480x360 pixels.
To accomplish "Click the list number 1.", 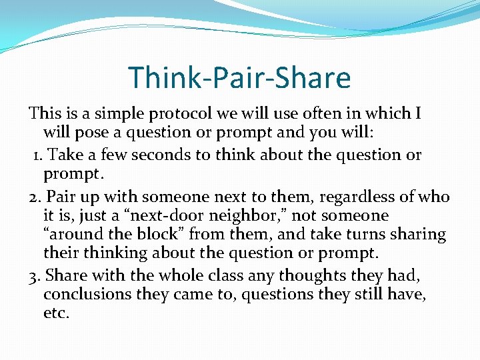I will (38, 155).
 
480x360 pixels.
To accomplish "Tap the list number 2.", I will (35, 197).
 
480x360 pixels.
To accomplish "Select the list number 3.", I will (35, 275).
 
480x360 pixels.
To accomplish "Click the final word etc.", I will (56, 313).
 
